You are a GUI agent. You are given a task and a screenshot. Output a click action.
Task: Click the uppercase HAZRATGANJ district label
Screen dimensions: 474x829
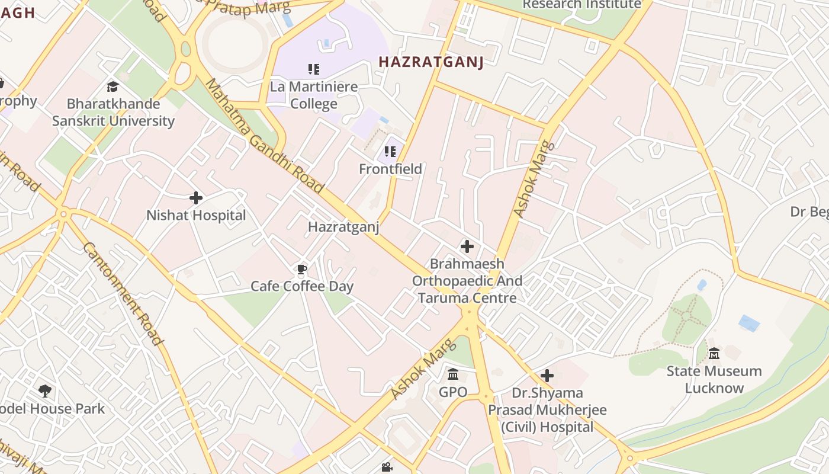[x=431, y=62]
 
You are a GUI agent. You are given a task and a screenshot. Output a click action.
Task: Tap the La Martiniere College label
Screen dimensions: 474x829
[x=314, y=95]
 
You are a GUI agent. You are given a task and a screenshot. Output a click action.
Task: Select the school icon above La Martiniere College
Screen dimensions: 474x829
[x=314, y=69]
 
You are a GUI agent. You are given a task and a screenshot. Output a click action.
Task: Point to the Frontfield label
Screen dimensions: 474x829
[x=390, y=169]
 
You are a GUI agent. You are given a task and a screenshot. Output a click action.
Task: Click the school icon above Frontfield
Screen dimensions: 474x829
[x=390, y=152]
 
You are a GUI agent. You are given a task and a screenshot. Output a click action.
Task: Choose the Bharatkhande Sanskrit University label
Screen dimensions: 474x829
[x=113, y=113]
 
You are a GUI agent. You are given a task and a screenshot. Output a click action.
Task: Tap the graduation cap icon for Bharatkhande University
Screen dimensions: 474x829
[x=113, y=87]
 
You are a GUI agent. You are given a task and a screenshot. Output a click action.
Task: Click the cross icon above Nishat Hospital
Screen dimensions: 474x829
[x=196, y=198]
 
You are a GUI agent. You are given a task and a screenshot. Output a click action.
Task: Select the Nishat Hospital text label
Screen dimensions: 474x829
[x=196, y=215]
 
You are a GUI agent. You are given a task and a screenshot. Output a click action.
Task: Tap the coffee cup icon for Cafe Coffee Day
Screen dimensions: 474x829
[x=302, y=271]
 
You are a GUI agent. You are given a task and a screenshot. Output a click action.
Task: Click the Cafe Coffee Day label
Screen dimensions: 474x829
[x=302, y=287]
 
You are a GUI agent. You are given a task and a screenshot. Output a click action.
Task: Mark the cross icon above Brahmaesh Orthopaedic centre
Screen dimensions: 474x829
[x=467, y=246]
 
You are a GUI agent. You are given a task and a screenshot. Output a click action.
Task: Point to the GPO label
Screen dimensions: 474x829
[x=453, y=392]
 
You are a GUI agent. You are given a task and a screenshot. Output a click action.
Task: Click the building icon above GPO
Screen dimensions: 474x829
[x=454, y=374]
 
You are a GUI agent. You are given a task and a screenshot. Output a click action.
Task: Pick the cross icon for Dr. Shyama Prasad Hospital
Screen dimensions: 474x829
[x=547, y=376]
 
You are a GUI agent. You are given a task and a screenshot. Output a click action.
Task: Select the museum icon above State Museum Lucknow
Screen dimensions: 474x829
[x=714, y=353]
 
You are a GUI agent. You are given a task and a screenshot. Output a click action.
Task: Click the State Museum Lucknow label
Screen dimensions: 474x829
[x=714, y=380]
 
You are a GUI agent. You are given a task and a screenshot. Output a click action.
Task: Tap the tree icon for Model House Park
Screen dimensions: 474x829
[x=44, y=390]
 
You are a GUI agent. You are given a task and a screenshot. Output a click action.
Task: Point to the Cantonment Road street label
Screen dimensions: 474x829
[x=122, y=293]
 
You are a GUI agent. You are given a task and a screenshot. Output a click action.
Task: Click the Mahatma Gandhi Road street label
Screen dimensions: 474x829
[x=265, y=136]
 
